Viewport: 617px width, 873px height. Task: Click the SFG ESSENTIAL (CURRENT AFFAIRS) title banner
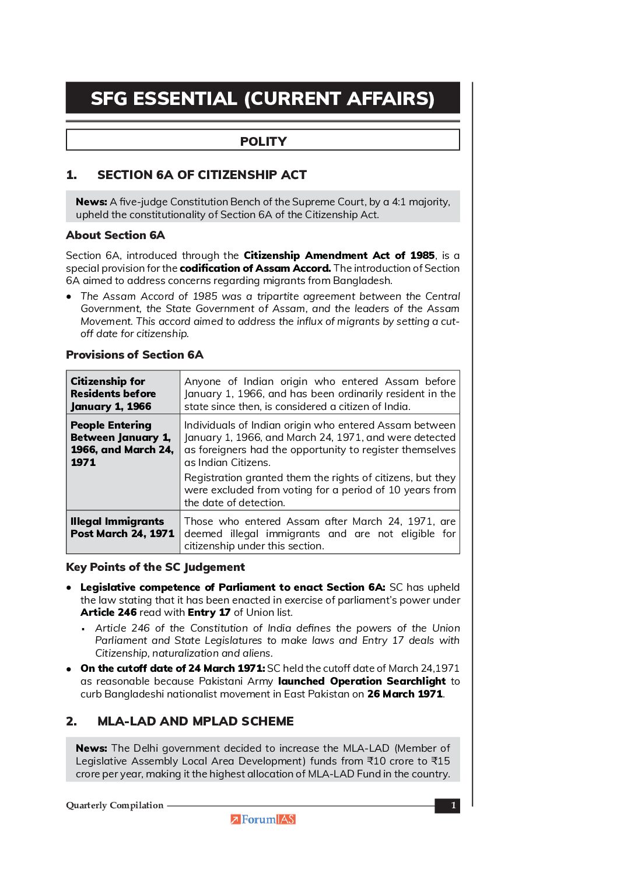click(262, 98)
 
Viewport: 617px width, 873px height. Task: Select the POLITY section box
click(263, 141)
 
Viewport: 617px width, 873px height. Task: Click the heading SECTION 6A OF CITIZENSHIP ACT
click(202, 175)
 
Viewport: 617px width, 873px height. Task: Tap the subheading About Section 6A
click(115, 235)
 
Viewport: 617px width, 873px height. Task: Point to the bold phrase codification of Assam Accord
click(255, 268)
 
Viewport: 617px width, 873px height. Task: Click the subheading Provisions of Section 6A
click(135, 355)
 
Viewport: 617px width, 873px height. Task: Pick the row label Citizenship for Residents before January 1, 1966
click(114, 394)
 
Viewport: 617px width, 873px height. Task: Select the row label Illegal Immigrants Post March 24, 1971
click(122, 527)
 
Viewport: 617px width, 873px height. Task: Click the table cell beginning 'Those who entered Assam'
click(320, 534)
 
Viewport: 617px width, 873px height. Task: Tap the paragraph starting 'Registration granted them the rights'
click(320, 490)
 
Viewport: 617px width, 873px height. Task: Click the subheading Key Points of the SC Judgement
click(155, 567)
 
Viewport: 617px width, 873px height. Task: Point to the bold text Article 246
click(108, 612)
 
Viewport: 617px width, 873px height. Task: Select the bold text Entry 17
click(209, 612)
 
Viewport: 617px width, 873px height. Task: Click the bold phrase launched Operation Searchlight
click(362, 681)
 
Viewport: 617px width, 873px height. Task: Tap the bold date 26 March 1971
click(405, 694)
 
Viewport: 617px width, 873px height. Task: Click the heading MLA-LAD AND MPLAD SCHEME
click(195, 721)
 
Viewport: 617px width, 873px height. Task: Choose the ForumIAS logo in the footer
click(263, 819)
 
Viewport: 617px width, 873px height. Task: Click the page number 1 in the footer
click(453, 806)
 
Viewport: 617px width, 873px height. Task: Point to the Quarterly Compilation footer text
click(115, 805)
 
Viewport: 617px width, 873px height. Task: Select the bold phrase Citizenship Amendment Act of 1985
click(339, 255)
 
